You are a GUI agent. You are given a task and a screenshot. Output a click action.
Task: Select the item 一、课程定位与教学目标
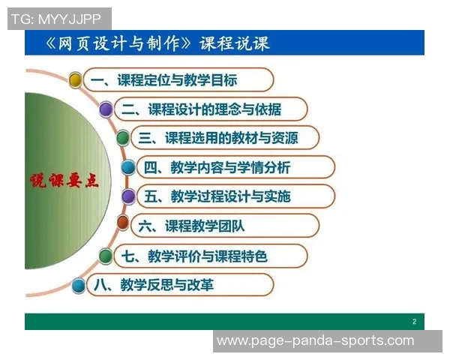tap(175, 79)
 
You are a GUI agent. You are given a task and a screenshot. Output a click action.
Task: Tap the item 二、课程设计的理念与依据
tap(202, 109)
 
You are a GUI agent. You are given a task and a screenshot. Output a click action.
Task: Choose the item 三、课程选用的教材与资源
tap(223, 138)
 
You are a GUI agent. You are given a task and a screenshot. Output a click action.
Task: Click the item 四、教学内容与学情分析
tap(227, 167)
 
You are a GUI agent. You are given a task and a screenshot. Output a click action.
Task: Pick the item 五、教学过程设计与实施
tap(227, 196)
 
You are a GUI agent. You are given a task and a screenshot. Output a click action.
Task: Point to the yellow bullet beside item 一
tap(75, 79)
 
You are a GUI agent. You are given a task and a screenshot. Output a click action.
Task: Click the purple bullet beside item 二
tap(106, 109)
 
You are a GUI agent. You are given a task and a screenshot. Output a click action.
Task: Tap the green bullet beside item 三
tap(123, 138)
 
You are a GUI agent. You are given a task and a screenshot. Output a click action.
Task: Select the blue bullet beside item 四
tap(128, 167)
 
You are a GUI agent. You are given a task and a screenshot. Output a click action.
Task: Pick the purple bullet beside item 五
tap(128, 196)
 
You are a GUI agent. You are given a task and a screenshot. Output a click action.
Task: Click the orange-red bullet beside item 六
tap(123, 223)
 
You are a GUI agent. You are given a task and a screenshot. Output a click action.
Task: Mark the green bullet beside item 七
tap(106, 256)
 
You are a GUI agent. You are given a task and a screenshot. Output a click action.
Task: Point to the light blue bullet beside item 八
tap(78, 285)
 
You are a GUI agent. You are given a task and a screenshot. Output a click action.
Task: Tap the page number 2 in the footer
tap(414, 322)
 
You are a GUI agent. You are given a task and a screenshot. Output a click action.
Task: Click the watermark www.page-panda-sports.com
tap(315, 340)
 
